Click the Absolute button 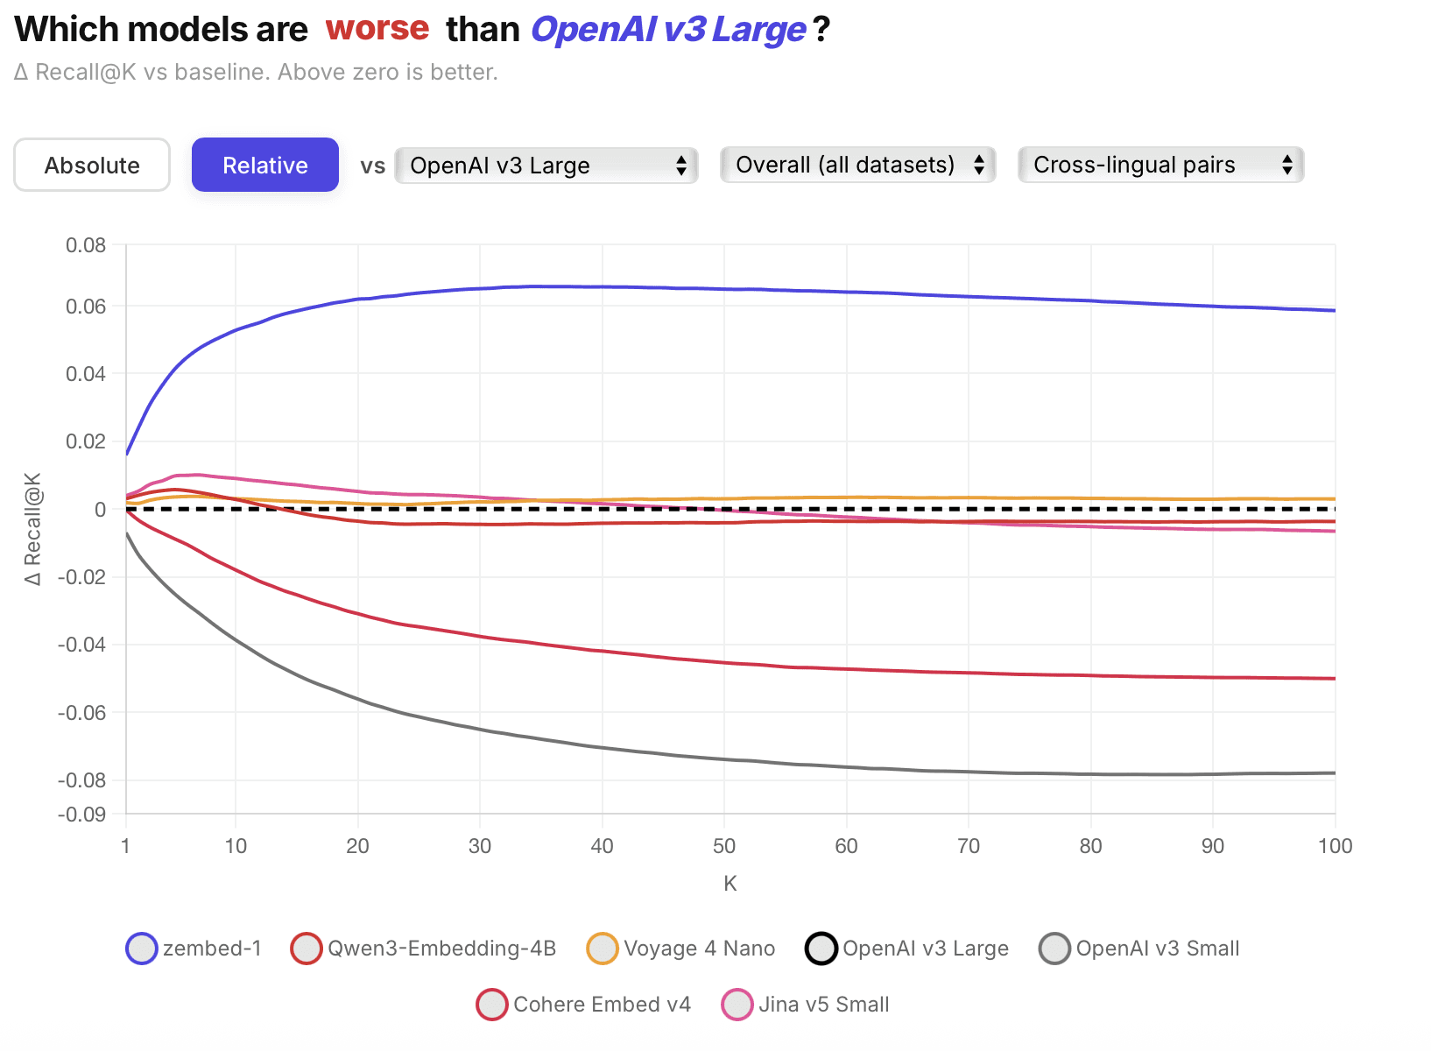tap(92, 165)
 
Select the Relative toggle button tap(264, 165)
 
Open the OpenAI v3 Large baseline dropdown tap(546, 165)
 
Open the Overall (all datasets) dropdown tap(857, 165)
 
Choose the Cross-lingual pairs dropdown tap(1160, 165)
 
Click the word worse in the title tap(377, 28)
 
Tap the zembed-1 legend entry tap(194, 949)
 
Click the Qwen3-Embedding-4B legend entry tap(424, 949)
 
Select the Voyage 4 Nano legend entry tap(681, 949)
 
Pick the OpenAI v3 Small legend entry tap(1139, 949)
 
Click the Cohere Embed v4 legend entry tap(584, 1005)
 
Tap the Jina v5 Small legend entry tap(806, 1005)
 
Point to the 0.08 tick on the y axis tap(86, 245)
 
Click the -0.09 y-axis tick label tap(81, 815)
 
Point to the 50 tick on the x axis tap(724, 846)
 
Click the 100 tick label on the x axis tap(1335, 846)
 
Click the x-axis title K tap(730, 884)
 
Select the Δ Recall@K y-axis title tap(32, 529)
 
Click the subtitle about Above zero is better tap(256, 72)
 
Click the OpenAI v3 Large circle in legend tap(821, 949)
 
